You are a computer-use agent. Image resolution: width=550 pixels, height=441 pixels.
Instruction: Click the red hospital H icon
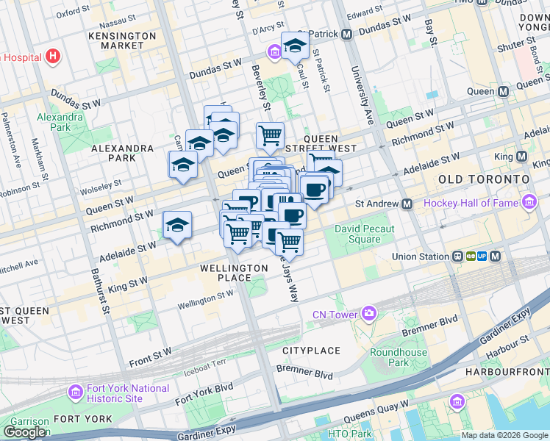[52, 56]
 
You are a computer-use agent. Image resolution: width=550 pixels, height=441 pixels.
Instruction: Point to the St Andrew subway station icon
[406, 203]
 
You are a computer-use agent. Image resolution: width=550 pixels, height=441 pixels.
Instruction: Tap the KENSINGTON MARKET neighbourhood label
[122, 40]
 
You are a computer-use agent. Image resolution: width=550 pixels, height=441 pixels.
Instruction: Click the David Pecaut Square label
[364, 234]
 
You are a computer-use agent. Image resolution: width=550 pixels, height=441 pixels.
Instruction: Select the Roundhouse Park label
[398, 357]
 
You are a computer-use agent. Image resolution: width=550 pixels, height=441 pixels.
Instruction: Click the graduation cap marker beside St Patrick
[295, 46]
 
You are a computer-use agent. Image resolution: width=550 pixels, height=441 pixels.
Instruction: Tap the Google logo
[25, 432]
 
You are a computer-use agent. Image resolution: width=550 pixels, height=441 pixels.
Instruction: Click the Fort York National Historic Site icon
[74, 392]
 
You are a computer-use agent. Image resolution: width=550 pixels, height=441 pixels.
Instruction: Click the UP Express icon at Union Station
[482, 257]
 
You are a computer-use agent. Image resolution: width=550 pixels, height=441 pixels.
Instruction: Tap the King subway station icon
[521, 157]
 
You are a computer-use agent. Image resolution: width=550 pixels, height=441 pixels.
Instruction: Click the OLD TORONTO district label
[483, 179]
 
